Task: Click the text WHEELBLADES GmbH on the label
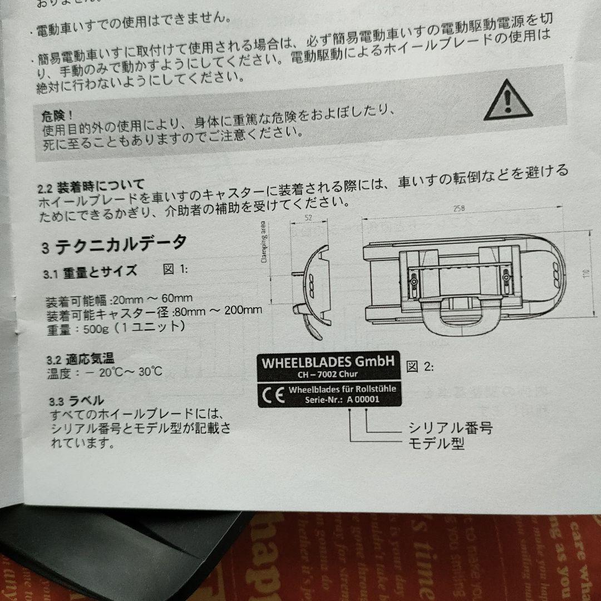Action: [x=328, y=362]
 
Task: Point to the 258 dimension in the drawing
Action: [x=458, y=209]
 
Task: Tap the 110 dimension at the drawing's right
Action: [x=585, y=274]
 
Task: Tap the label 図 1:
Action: [x=175, y=269]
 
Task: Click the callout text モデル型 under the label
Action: [x=436, y=444]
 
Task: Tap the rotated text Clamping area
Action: [x=265, y=243]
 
